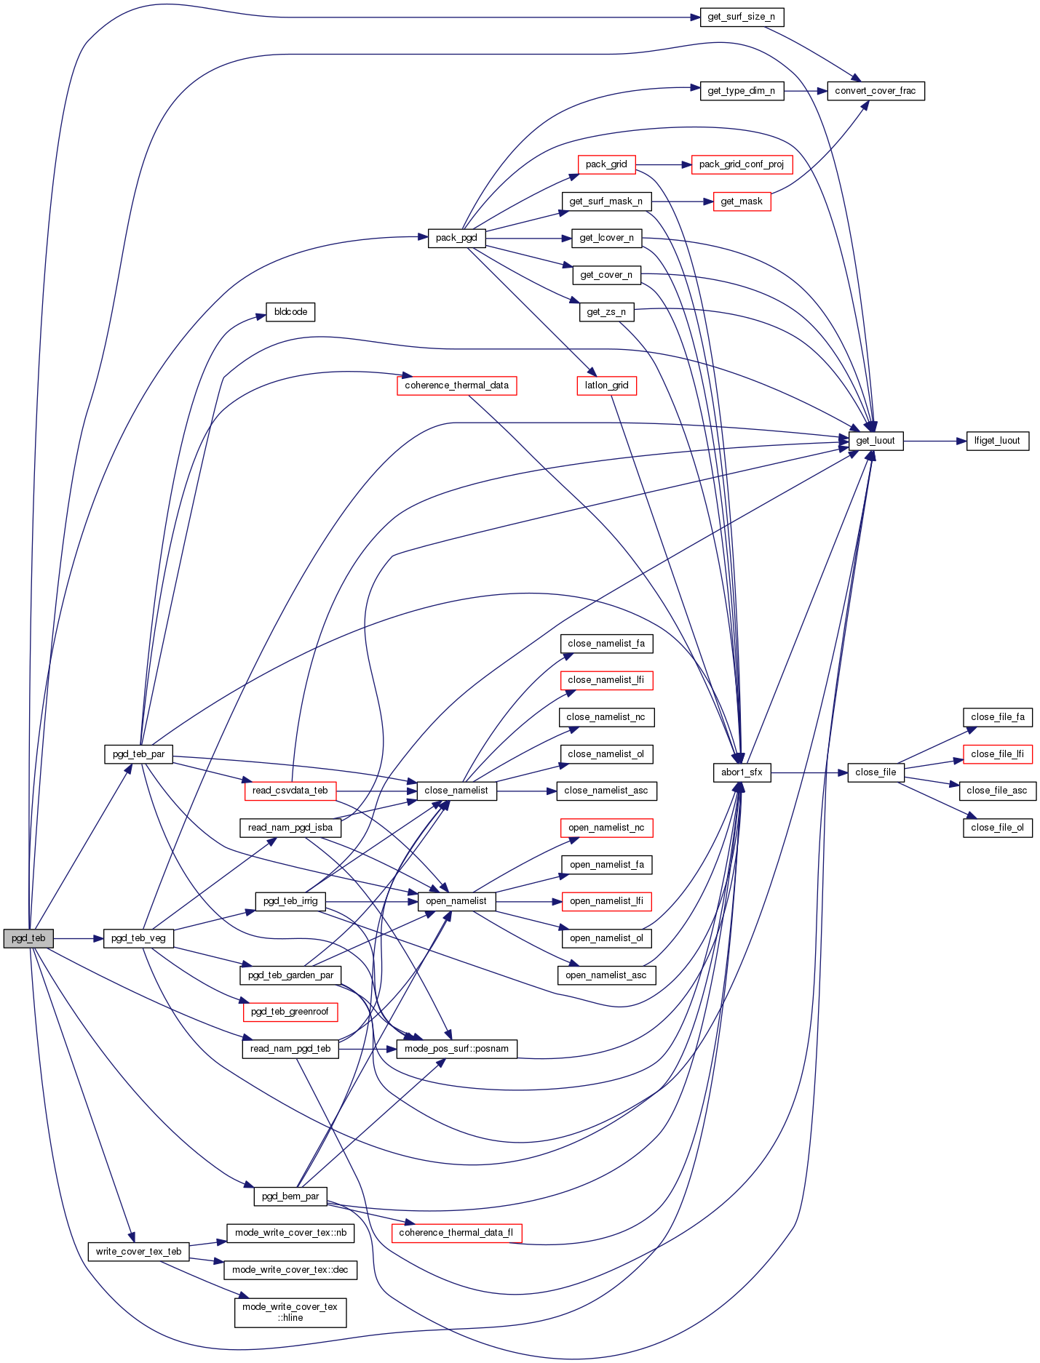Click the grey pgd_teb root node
point(28,938)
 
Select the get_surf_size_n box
point(741,17)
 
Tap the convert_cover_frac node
point(875,91)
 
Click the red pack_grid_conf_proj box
point(741,164)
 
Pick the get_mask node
point(741,201)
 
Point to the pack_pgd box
point(456,238)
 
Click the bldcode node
point(290,312)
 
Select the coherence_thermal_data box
point(456,385)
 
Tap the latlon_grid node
point(606,385)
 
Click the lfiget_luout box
point(997,441)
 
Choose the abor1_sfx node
point(741,772)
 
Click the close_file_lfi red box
point(997,754)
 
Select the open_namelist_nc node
point(606,828)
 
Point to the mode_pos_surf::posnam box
point(456,1049)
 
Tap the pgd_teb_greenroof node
point(290,1012)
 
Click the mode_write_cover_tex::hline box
point(290,1312)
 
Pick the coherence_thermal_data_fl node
point(456,1233)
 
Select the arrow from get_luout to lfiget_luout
point(934,441)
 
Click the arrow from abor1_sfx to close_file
point(809,772)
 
